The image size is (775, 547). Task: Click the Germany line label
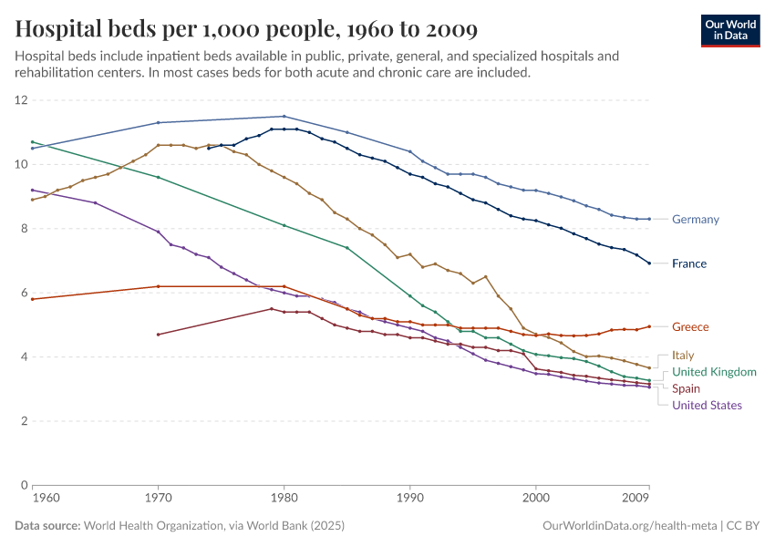695,219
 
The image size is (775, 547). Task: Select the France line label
689,263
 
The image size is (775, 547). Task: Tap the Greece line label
690,326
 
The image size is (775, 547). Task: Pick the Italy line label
684,356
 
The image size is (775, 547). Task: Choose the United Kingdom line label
714,372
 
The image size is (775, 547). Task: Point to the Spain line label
686,388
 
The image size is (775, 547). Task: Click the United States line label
707,405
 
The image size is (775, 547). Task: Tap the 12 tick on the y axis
22,100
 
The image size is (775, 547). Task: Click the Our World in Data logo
730,29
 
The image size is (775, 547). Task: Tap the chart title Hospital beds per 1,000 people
246,29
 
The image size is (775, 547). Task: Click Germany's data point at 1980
284,116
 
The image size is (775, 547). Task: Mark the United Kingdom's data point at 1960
33,142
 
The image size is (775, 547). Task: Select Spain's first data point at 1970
159,335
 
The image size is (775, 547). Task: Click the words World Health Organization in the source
172,526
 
